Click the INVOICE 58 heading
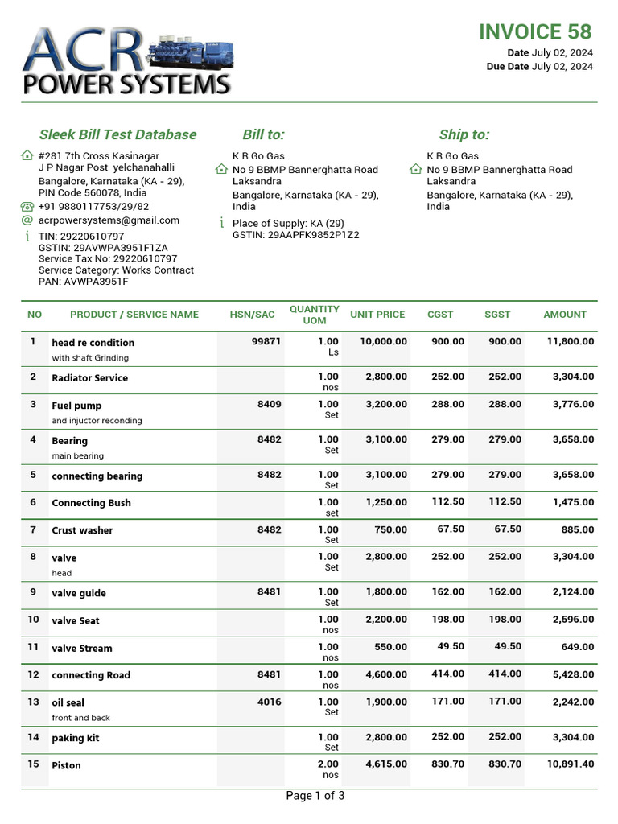(x=534, y=31)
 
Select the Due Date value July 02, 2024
(x=562, y=67)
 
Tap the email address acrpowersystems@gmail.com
(x=109, y=220)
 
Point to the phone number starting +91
(x=93, y=207)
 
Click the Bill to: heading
(x=263, y=134)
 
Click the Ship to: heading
(x=463, y=134)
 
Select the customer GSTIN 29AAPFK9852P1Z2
(x=295, y=235)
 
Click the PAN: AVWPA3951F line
(x=83, y=282)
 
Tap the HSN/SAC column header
(x=252, y=315)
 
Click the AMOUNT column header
(x=565, y=315)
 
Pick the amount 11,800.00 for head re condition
(x=570, y=341)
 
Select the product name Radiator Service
(x=89, y=377)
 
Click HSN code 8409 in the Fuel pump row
(x=269, y=404)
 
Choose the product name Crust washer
(x=82, y=530)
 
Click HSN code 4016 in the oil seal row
(x=269, y=702)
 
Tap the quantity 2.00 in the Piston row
(x=328, y=764)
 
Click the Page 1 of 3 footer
(x=315, y=797)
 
